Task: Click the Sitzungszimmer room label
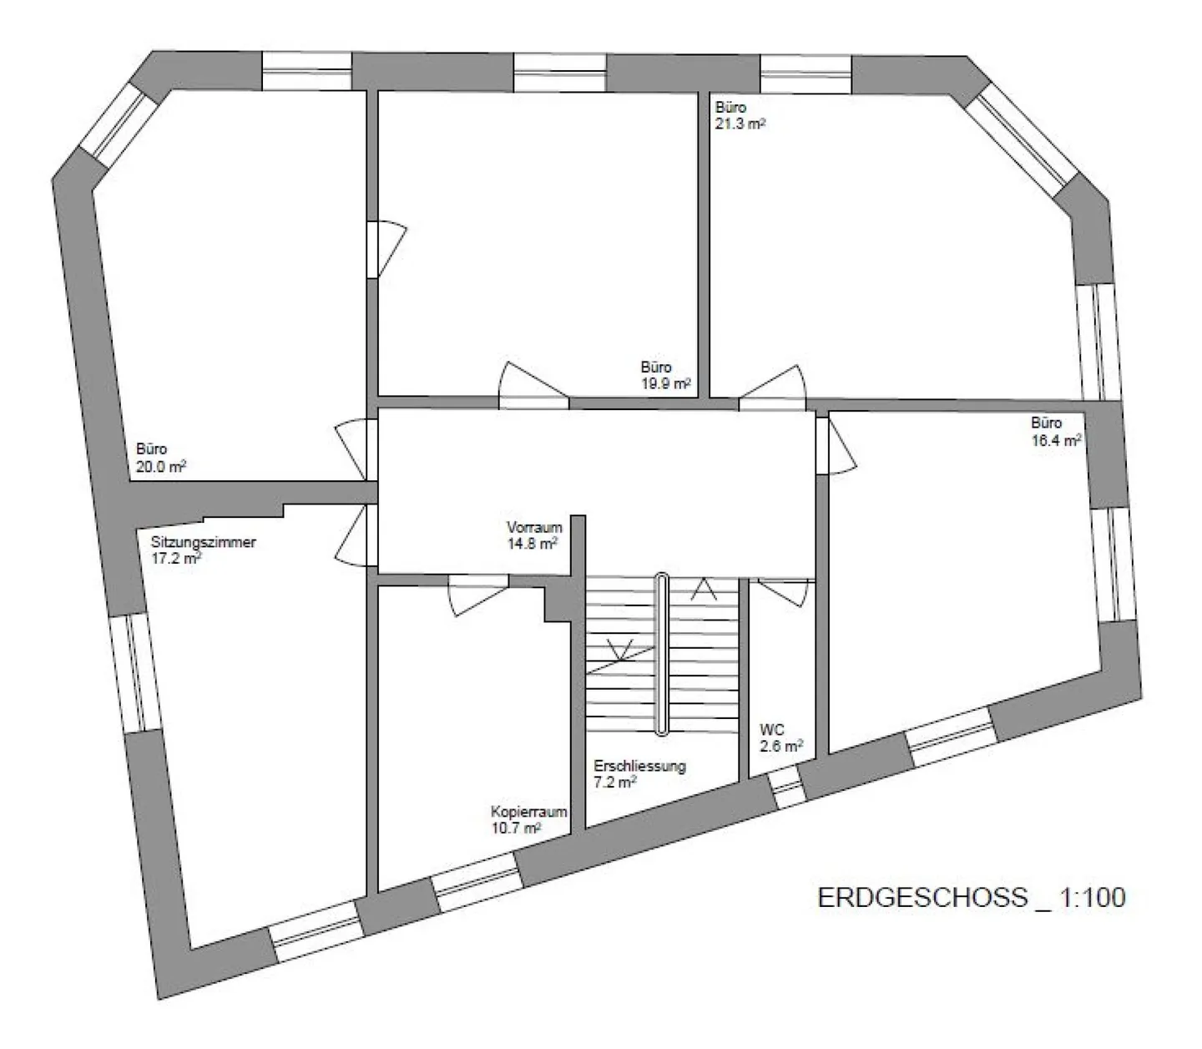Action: coord(204,542)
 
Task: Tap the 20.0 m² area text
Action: coord(161,467)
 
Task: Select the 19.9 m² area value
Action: coord(665,383)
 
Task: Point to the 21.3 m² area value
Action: coord(740,124)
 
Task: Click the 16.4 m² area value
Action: coord(1056,440)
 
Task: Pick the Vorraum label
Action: coord(534,527)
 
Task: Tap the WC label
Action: coord(771,730)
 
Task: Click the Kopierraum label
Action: coord(528,812)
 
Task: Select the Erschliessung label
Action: coord(639,767)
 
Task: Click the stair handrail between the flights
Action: coord(662,653)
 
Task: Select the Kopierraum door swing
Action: coord(477,595)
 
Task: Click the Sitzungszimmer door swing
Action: coord(355,536)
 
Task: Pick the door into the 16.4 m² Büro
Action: coord(836,445)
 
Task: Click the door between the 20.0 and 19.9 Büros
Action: coord(386,249)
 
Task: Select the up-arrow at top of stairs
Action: coord(703,590)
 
